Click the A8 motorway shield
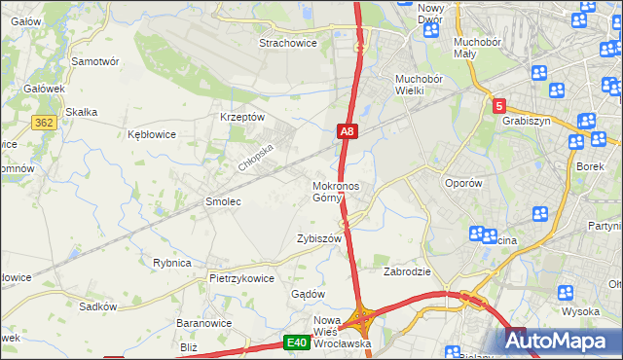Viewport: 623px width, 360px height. point(348,131)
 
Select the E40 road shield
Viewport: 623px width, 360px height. point(297,342)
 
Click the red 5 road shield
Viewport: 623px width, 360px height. point(498,105)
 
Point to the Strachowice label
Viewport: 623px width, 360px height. point(290,43)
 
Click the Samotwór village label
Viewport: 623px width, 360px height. point(95,60)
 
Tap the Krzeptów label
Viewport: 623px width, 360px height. point(243,117)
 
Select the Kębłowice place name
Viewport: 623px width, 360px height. point(152,134)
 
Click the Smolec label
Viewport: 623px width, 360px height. point(222,201)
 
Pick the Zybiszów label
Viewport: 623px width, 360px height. point(319,238)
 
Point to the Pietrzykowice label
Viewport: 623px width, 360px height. point(241,277)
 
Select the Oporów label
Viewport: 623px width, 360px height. point(463,182)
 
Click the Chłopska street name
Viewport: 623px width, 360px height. point(257,156)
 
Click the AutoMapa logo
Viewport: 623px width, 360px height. point(560,341)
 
